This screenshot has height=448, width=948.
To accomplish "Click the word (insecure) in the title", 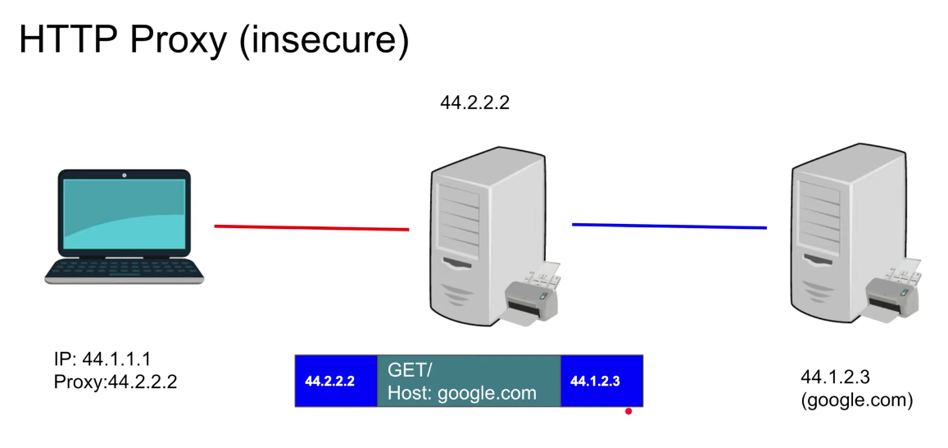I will tap(324, 40).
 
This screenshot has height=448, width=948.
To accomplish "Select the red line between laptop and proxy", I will tap(311, 227).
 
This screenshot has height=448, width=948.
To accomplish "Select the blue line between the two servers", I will tap(669, 226).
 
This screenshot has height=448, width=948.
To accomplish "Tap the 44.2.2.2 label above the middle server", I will tap(474, 103).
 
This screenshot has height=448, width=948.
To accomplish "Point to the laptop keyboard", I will tap(124, 268).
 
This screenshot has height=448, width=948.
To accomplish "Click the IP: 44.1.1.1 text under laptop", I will tap(102, 359).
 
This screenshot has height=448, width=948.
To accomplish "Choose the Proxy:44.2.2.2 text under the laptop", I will tap(115, 382).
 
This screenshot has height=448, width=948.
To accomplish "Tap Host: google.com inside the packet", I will tap(461, 393).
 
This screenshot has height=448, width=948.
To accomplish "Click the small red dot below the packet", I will tap(628, 411).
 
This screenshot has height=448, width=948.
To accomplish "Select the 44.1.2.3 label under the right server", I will tap(835, 377).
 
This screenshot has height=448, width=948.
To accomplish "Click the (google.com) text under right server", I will tap(856, 400).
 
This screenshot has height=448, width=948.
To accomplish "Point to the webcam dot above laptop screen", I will tap(125, 175).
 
